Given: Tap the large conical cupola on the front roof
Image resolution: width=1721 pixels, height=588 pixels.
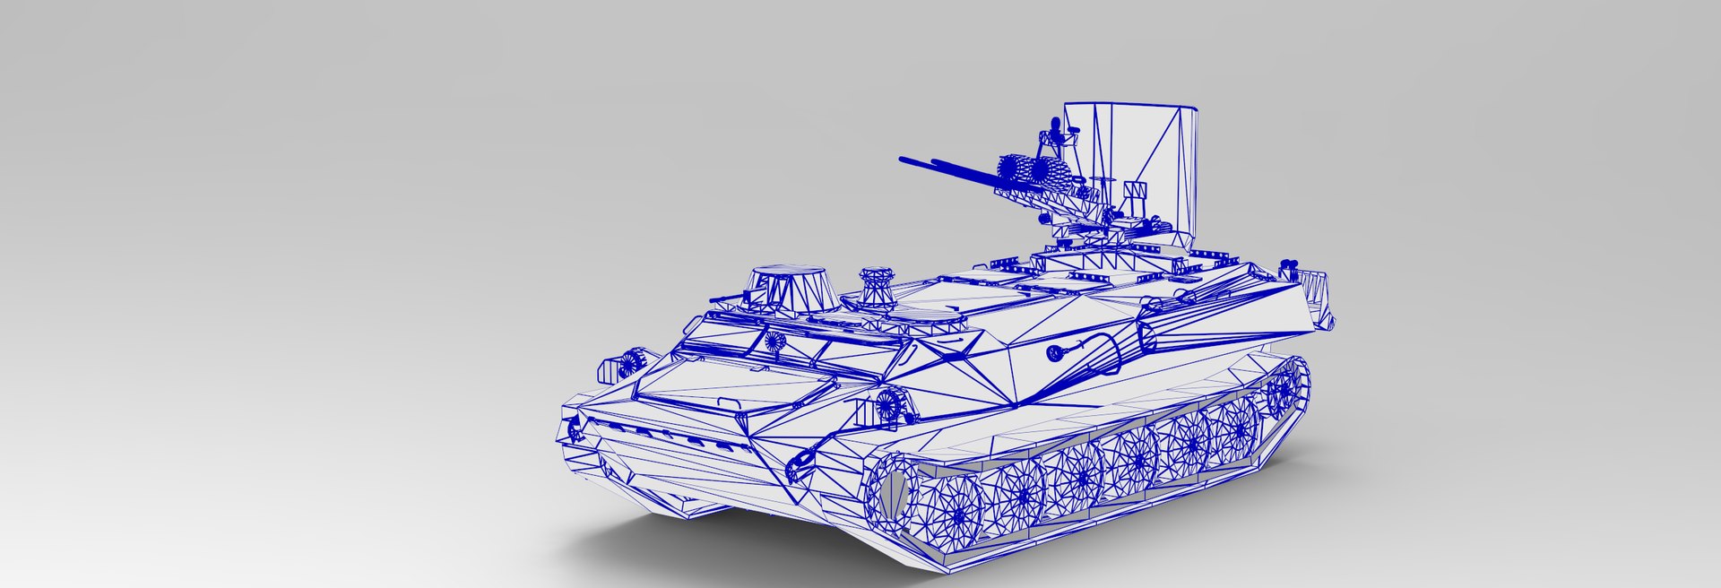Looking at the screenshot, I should [x=790, y=288].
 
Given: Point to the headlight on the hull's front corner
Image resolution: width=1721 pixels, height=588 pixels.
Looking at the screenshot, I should [x=627, y=364].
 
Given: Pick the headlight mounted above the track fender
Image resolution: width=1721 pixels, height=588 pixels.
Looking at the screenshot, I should [x=887, y=407].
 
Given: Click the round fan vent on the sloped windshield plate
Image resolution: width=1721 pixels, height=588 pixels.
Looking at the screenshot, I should [x=774, y=342].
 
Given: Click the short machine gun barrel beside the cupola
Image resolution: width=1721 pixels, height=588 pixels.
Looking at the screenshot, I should [x=728, y=297].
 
